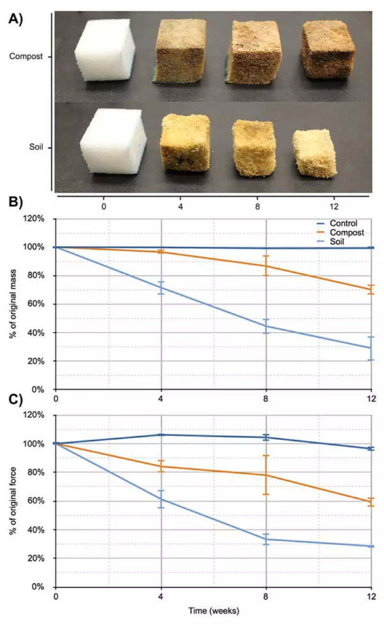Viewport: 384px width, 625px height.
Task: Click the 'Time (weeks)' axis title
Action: click(213, 611)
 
